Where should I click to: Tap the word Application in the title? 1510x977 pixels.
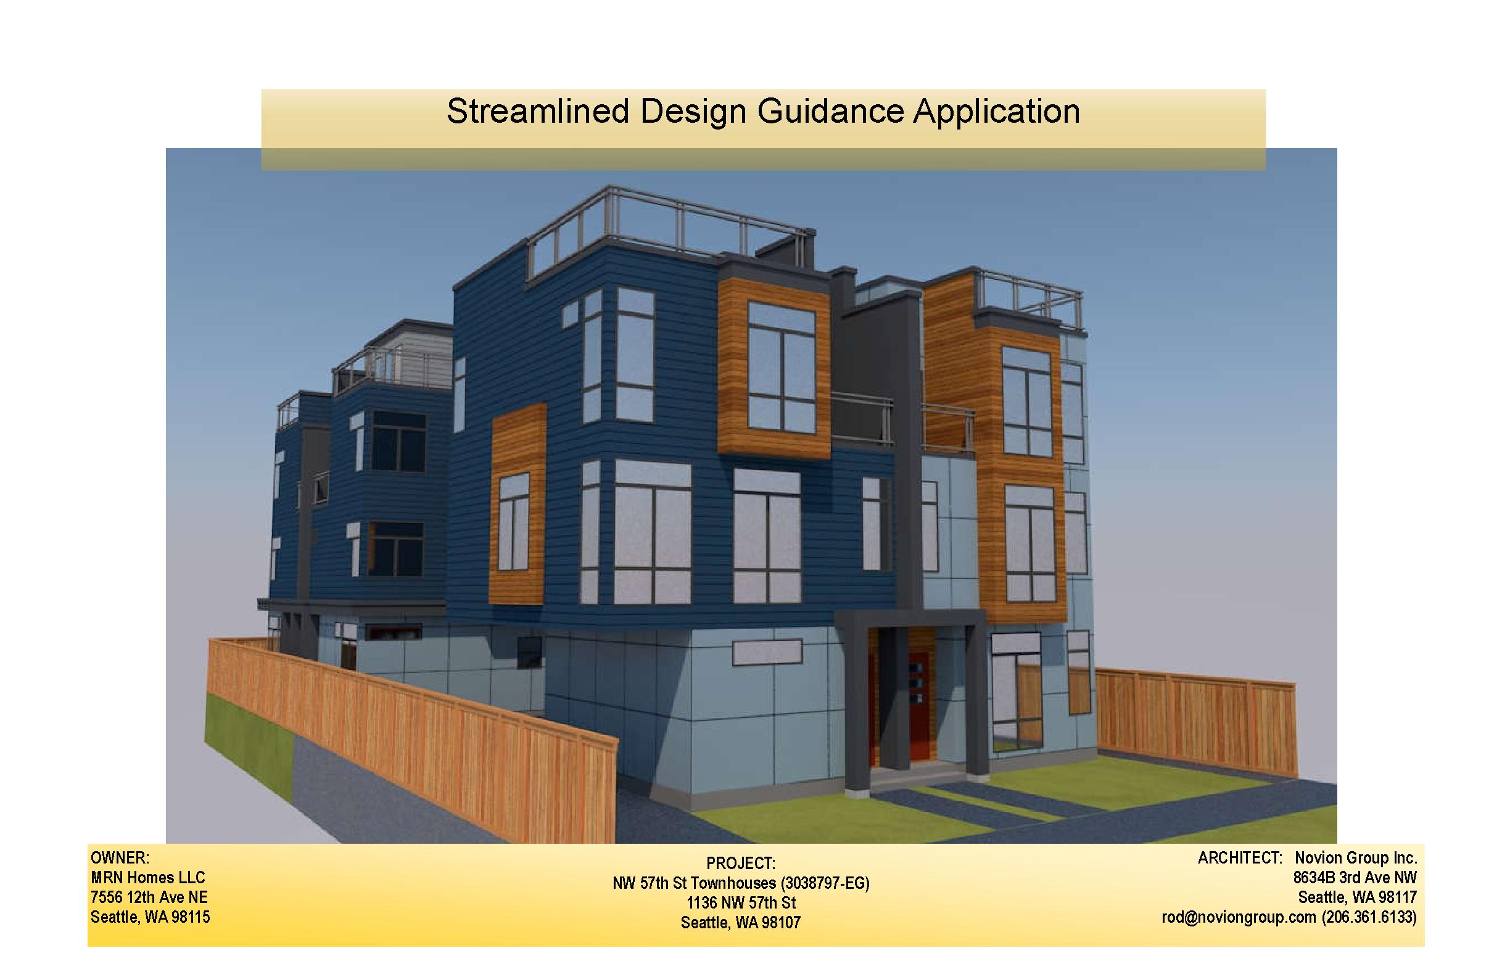(x=997, y=112)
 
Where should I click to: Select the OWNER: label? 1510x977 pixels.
(x=120, y=859)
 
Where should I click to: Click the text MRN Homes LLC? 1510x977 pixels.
(x=148, y=878)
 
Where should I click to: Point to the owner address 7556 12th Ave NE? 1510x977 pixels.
(x=149, y=897)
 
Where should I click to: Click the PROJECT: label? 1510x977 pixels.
(x=740, y=864)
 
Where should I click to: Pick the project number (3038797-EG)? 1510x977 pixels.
(x=825, y=883)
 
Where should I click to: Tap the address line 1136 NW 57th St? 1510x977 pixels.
(x=741, y=903)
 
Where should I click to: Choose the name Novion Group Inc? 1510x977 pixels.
(x=1356, y=859)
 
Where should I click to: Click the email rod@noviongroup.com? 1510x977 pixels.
(x=1239, y=917)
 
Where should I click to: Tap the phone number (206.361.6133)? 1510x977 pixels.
(x=1369, y=917)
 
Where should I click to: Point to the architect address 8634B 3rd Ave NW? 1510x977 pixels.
(x=1355, y=878)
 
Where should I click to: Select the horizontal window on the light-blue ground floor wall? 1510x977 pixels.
(x=767, y=653)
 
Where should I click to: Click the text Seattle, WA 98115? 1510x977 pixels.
(x=151, y=917)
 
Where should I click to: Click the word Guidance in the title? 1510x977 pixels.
(x=830, y=111)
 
